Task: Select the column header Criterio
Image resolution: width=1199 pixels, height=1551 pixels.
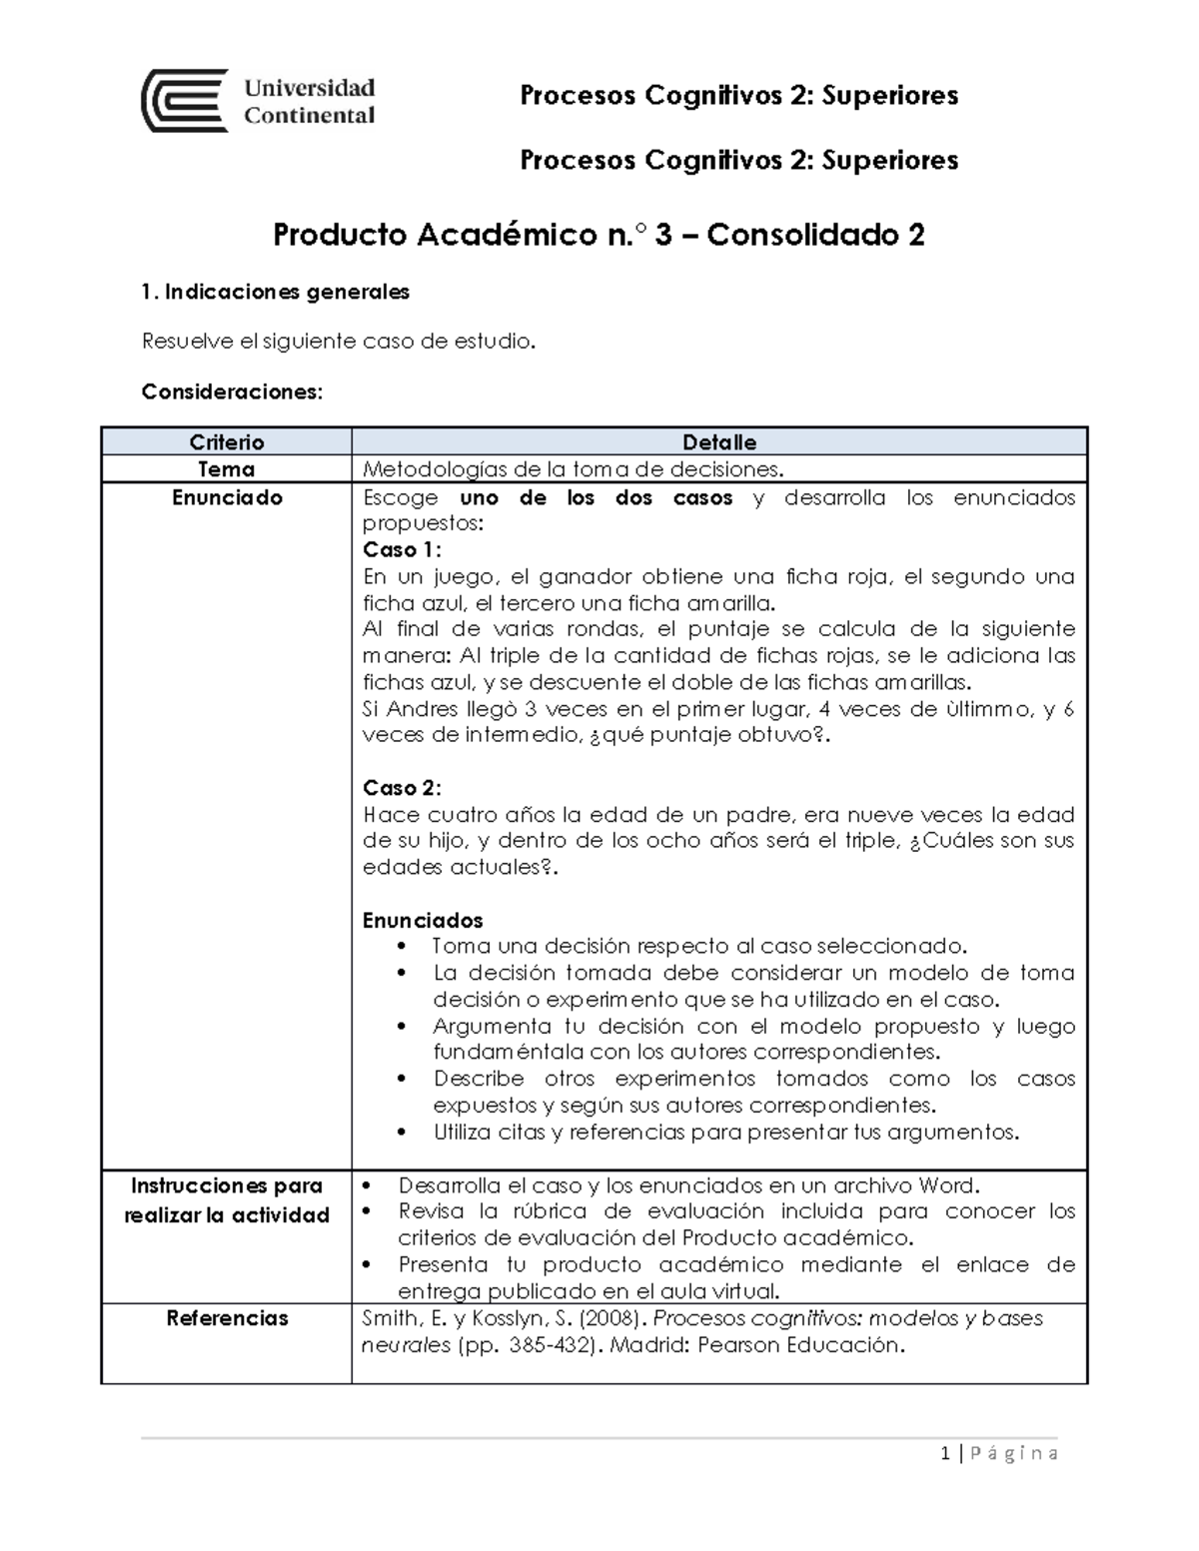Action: (226, 442)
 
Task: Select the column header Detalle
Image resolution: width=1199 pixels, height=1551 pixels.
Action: (718, 442)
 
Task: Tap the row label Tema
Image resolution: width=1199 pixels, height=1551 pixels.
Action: (226, 469)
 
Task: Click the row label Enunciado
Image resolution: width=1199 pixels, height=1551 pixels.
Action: (226, 497)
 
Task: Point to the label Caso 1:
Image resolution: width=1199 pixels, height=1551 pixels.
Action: (402, 550)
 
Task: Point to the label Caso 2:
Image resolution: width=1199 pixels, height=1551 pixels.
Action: (402, 788)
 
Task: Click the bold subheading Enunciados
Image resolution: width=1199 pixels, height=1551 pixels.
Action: (422, 921)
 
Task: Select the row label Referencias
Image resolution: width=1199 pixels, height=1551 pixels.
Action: (227, 1318)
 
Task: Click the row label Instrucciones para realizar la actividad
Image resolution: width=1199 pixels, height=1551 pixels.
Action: (226, 1200)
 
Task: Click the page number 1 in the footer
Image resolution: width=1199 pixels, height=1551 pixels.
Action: (944, 1454)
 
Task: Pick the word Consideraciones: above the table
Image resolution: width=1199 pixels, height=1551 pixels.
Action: (232, 392)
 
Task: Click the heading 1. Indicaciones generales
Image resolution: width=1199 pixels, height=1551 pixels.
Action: (276, 293)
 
